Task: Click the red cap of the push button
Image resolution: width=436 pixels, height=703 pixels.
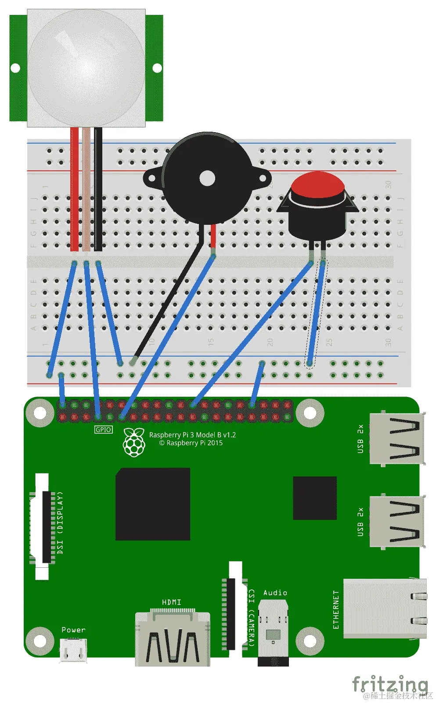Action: point(317,185)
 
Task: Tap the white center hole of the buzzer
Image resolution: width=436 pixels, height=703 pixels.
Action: point(207,178)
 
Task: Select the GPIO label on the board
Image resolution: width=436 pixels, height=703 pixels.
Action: point(103,429)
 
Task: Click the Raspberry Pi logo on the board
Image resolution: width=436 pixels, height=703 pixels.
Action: point(134,442)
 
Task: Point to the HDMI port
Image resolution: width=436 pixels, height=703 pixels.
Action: point(172,639)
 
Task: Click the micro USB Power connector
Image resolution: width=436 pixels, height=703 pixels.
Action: point(73,649)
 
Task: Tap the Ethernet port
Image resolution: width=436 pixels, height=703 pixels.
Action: point(384,609)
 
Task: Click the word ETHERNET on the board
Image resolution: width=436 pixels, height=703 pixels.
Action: point(336,609)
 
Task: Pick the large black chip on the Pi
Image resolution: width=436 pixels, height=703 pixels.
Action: point(152,504)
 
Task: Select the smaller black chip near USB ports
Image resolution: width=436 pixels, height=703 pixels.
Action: point(314,498)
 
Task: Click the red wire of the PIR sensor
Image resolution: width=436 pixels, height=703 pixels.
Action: point(75,189)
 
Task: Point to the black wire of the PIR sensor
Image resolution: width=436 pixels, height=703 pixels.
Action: point(98,189)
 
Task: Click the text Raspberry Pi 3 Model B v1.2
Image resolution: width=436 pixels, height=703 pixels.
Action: point(192,435)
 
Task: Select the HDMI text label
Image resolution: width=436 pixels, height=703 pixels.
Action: point(171,602)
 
